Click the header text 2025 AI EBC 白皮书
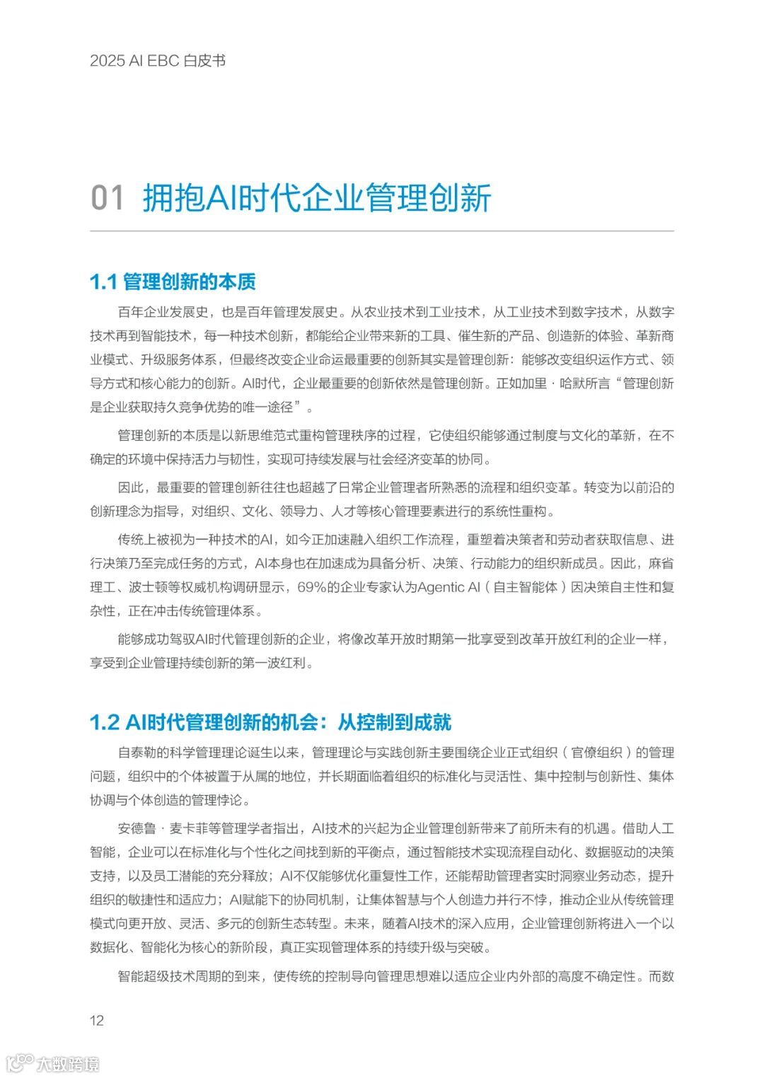pos(158,61)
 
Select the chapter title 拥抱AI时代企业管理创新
pos(317,197)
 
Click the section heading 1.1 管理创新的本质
pos(173,282)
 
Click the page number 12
pos(97,1019)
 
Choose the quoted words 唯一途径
pos(268,407)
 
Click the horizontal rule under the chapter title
pos(382,231)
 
